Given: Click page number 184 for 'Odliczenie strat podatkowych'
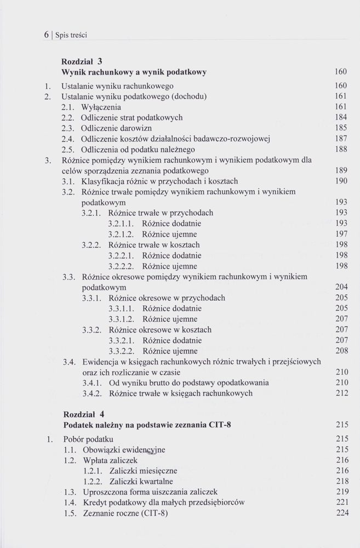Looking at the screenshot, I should pos(341,117).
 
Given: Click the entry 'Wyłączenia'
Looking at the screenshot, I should pos(101,107).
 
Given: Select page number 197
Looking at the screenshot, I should pos(341,234).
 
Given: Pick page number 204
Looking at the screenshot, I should pos(341,287).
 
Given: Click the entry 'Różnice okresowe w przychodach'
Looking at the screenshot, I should pos(167,298).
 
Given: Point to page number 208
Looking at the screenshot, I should pos(341,351).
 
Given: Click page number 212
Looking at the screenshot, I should pos(341,393).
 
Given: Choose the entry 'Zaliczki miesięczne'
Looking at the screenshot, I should pos(143,471).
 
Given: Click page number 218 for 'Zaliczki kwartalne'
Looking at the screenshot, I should pos(341,481).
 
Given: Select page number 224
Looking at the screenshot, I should pos(341,513).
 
